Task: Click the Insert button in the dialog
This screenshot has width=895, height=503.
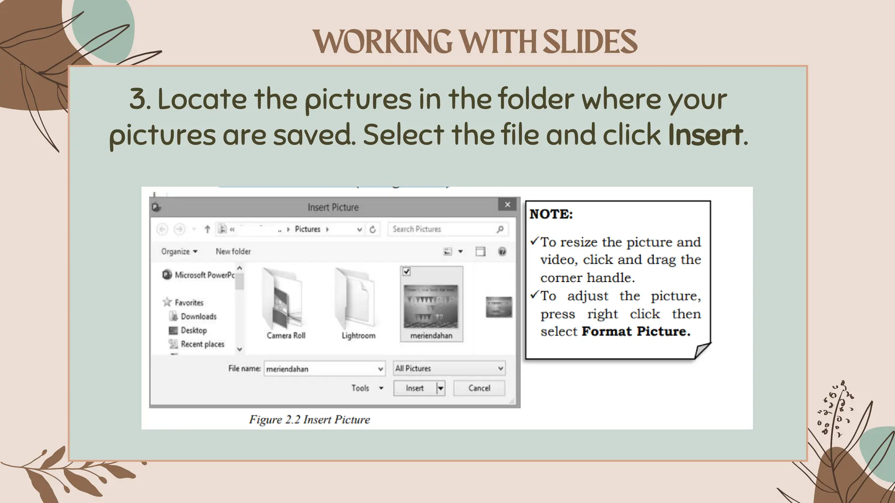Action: pos(414,388)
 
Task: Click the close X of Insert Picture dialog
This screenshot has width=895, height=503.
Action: pos(507,205)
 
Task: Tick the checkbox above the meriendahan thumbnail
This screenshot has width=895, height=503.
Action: pos(406,272)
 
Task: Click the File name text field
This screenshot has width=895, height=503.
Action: pos(321,369)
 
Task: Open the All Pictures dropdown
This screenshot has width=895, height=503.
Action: pos(449,369)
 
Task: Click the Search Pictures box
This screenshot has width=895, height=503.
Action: pos(444,229)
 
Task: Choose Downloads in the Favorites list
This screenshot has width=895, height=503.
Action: pos(198,317)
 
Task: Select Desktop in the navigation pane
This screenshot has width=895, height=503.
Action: pos(194,331)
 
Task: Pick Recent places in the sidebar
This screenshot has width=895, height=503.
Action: pos(202,344)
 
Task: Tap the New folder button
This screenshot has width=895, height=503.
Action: pos(233,251)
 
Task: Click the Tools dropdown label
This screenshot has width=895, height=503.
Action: pos(361,388)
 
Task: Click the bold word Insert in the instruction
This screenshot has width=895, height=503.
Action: pos(705,134)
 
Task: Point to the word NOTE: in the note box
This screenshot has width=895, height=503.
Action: pos(551,214)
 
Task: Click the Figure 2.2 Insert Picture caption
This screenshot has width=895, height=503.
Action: pos(309,420)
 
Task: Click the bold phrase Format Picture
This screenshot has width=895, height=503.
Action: pos(635,331)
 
